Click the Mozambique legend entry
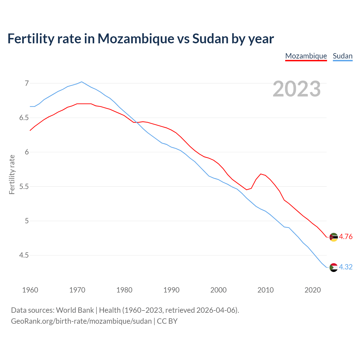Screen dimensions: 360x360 coord(306,56)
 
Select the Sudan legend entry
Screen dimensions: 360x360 coord(343,56)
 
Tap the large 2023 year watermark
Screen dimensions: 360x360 coord(297,89)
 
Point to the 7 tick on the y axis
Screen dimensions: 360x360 coord(27,83)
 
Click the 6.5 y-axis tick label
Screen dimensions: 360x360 coord(24,118)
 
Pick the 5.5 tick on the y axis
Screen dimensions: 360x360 coord(24,186)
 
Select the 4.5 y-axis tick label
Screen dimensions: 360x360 coord(24,255)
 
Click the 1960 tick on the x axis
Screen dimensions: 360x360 coord(30,290)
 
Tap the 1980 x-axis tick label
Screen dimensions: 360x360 coord(124,290)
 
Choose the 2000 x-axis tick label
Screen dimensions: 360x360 coord(219,290)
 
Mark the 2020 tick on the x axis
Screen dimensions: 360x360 coord(312,290)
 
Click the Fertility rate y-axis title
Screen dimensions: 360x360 coord(12,174)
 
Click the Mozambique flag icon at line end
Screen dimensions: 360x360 coord(333,237)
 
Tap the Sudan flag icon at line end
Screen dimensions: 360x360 coord(333,267)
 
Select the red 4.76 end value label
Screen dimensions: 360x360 coord(346,237)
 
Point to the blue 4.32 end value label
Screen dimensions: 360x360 coord(346,267)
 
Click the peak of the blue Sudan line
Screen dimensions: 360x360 coord(82,82)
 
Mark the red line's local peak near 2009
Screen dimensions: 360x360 coord(261,174)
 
